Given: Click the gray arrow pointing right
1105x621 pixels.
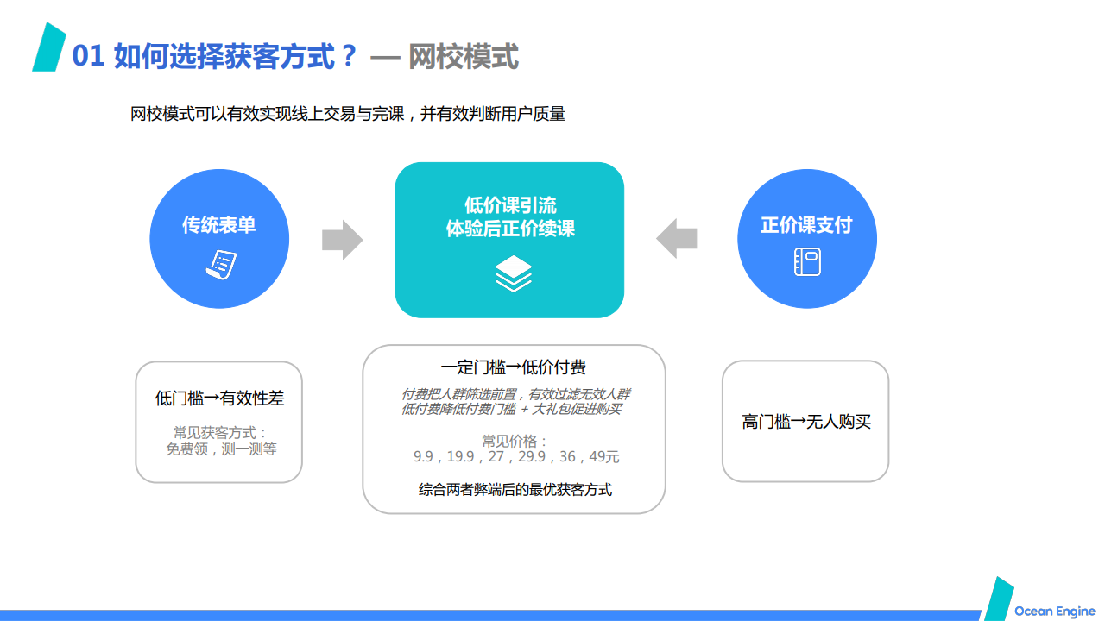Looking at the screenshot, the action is click(343, 240).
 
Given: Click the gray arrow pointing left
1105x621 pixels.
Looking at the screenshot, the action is click(676, 239).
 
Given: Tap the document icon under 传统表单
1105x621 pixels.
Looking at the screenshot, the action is click(221, 265).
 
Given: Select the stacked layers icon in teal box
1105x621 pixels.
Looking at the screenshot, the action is click(513, 273).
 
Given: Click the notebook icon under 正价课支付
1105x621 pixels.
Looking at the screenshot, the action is click(807, 261).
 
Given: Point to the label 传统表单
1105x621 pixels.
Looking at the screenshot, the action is click(219, 225).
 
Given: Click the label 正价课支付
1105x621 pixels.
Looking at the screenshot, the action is click(806, 225).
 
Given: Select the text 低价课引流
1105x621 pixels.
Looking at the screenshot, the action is click(510, 205).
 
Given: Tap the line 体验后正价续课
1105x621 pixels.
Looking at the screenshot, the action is click(510, 229).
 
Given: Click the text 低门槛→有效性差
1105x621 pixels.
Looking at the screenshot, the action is click(219, 398).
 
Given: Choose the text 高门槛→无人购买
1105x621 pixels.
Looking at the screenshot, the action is click(806, 422).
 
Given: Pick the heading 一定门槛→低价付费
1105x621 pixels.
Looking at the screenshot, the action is click(513, 367).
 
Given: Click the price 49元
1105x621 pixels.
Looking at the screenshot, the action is click(603, 456).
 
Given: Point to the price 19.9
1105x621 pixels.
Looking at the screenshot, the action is click(460, 456).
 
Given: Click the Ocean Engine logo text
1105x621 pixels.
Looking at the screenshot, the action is click(1054, 612).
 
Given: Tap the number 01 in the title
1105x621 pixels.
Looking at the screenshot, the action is click(88, 55).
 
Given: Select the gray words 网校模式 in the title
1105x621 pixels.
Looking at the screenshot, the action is click(464, 56).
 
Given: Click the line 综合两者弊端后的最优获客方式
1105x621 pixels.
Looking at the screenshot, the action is click(515, 489).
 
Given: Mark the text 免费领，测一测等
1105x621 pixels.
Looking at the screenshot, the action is click(221, 449).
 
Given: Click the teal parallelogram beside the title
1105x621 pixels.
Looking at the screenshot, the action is click(49, 47).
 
